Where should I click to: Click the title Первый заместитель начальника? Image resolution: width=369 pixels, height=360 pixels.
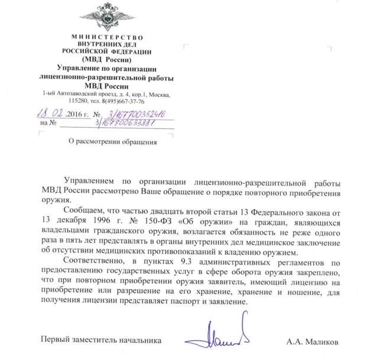pyautogui.click(x=100, y=340)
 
